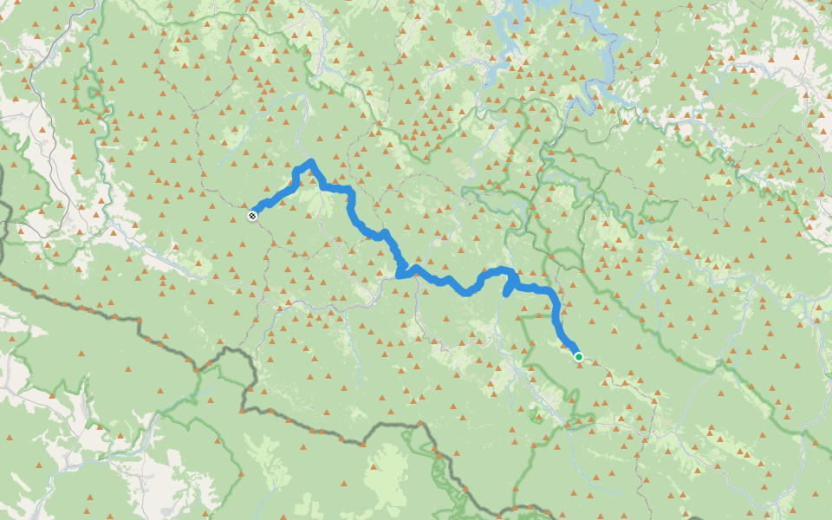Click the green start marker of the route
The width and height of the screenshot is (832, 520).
coord(578,356)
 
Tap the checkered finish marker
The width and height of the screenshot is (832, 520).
coord(252,215)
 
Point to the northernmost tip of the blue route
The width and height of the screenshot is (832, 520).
coord(310,162)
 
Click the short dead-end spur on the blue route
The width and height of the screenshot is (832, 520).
coord(508,292)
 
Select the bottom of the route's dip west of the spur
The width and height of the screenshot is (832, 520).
coord(467,292)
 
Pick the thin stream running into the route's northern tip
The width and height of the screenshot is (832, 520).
coord(303,139)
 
